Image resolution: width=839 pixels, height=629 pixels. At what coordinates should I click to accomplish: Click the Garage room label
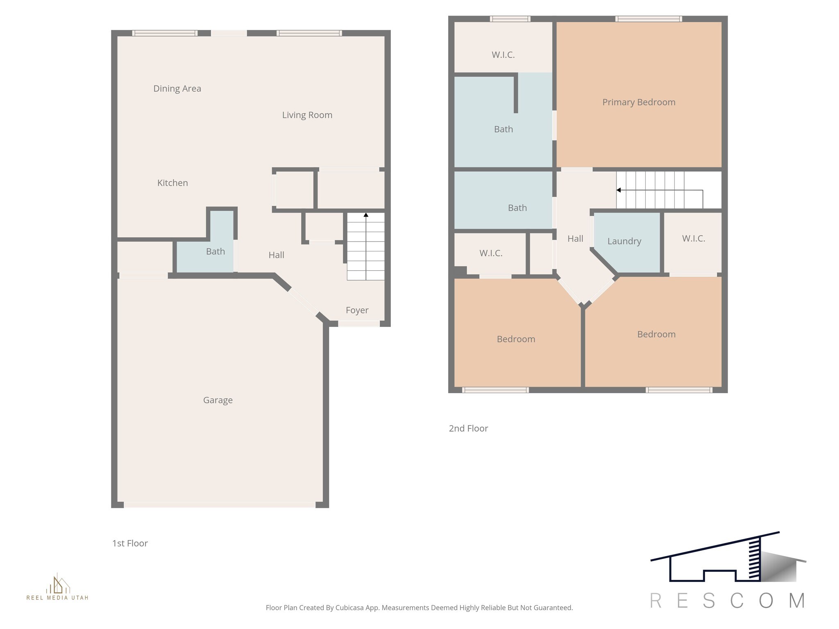point(218,400)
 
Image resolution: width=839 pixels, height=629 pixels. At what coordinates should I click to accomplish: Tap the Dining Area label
point(177,88)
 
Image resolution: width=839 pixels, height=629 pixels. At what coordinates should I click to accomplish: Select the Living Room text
point(307,115)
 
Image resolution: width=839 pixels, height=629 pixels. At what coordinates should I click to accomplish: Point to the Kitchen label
point(172,183)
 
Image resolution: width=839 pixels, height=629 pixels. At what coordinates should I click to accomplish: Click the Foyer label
point(357,310)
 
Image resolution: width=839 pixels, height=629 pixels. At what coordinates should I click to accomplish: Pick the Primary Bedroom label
point(639,102)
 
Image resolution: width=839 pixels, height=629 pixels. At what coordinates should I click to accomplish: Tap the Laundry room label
point(624,241)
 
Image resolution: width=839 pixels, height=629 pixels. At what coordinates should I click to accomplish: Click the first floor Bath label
point(215,251)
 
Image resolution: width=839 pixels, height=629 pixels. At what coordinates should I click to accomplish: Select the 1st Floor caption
point(130,543)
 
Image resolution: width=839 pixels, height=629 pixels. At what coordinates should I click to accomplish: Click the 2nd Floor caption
point(468,428)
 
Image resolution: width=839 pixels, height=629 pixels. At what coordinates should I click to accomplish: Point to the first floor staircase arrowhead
point(366,215)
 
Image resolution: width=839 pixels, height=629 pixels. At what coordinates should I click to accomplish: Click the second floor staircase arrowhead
point(619,190)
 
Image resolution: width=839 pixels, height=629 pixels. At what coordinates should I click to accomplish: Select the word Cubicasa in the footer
point(350,608)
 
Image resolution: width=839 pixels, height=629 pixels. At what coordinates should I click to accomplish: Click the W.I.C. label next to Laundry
point(694,238)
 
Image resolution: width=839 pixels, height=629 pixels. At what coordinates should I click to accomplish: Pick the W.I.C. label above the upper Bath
point(503,55)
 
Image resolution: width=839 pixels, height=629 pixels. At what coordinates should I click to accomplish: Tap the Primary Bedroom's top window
point(649,19)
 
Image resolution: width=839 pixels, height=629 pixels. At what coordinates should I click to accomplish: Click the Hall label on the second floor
point(575,239)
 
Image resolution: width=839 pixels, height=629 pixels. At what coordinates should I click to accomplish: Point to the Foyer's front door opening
point(359,324)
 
